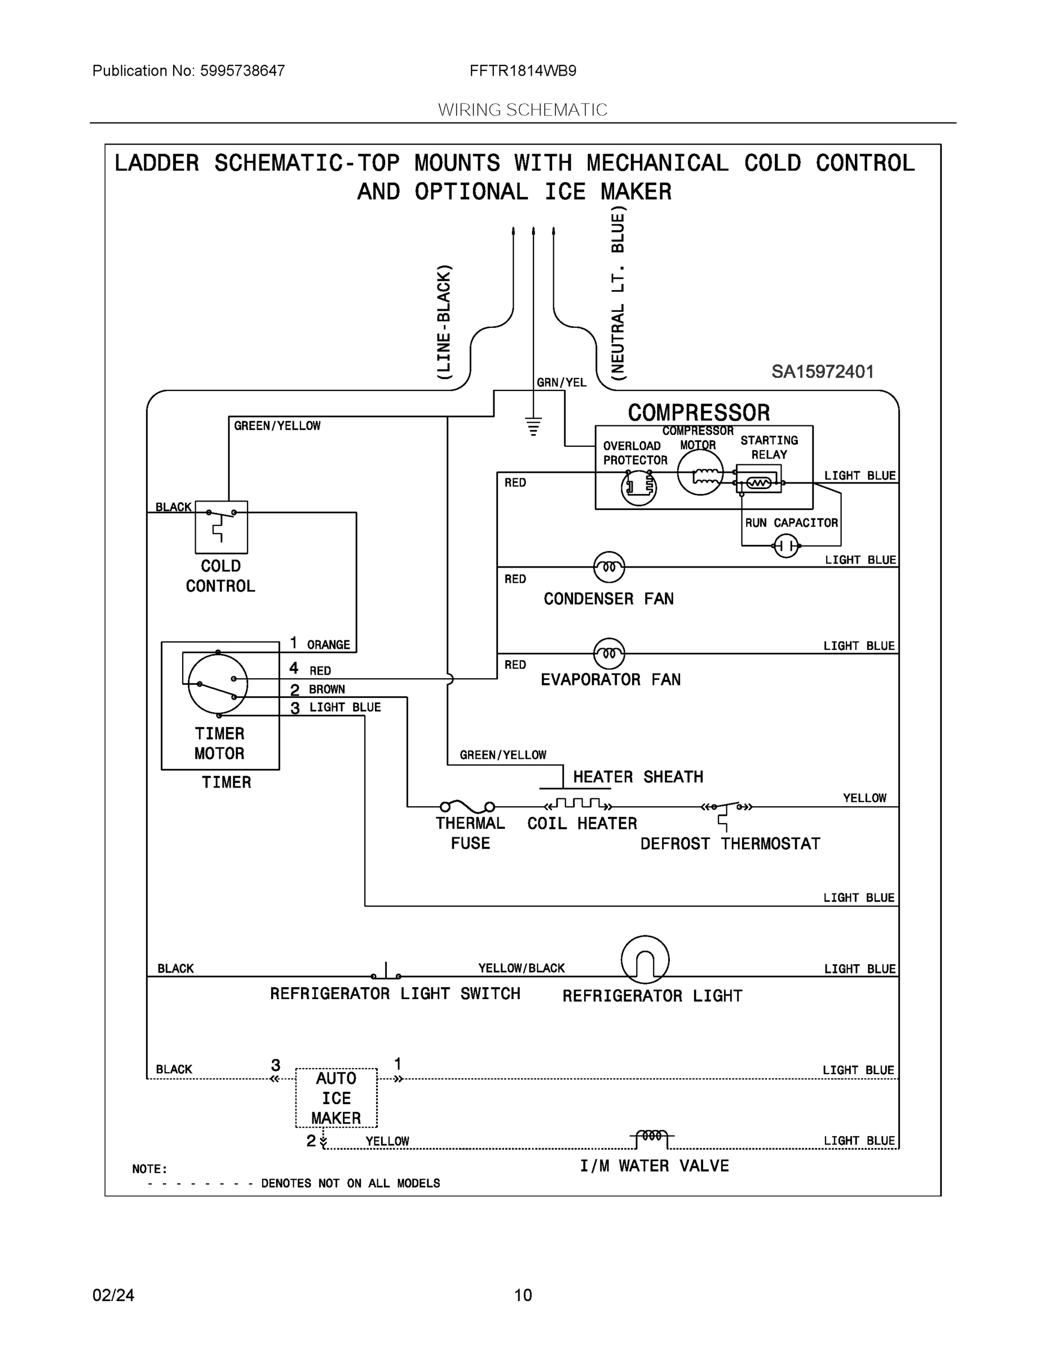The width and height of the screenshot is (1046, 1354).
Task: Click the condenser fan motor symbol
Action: (x=608, y=566)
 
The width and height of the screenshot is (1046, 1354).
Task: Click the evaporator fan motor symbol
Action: (x=608, y=653)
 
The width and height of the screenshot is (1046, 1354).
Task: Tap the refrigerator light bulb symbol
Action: (x=645, y=959)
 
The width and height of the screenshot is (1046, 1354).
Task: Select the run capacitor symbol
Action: (x=787, y=546)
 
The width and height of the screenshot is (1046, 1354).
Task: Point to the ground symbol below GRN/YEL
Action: (x=533, y=427)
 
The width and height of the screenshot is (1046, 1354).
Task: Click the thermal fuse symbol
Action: (x=467, y=806)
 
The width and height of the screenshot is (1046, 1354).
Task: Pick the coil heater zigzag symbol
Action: (x=578, y=803)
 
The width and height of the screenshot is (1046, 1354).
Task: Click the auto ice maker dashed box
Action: (x=336, y=1097)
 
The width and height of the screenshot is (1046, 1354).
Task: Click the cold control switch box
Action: (x=221, y=527)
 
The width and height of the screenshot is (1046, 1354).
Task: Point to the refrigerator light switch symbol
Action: (x=386, y=970)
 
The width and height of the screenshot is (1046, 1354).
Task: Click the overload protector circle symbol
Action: (x=639, y=487)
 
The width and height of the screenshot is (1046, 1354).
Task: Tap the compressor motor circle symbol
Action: (x=700, y=472)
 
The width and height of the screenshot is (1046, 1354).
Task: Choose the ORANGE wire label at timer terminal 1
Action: (x=328, y=645)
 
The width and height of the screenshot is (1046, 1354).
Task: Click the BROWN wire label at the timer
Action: (x=327, y=689)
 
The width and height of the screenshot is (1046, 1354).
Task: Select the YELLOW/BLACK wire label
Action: (x=521, y=968)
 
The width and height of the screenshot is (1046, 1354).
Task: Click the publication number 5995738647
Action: (x=242, y=71)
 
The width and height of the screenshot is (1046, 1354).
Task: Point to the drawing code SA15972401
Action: (x=822, y=371)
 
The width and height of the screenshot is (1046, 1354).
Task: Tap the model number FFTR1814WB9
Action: (x=523, y=71)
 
